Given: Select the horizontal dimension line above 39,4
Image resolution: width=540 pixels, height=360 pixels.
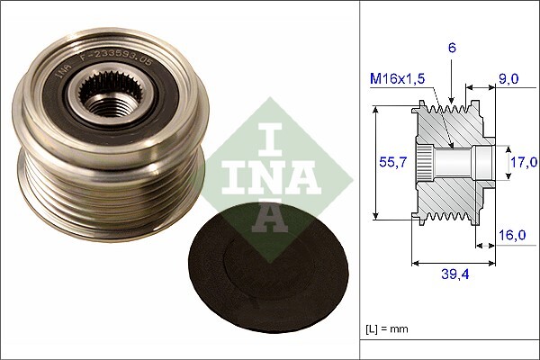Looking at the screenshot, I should click(x=453, y=264).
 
